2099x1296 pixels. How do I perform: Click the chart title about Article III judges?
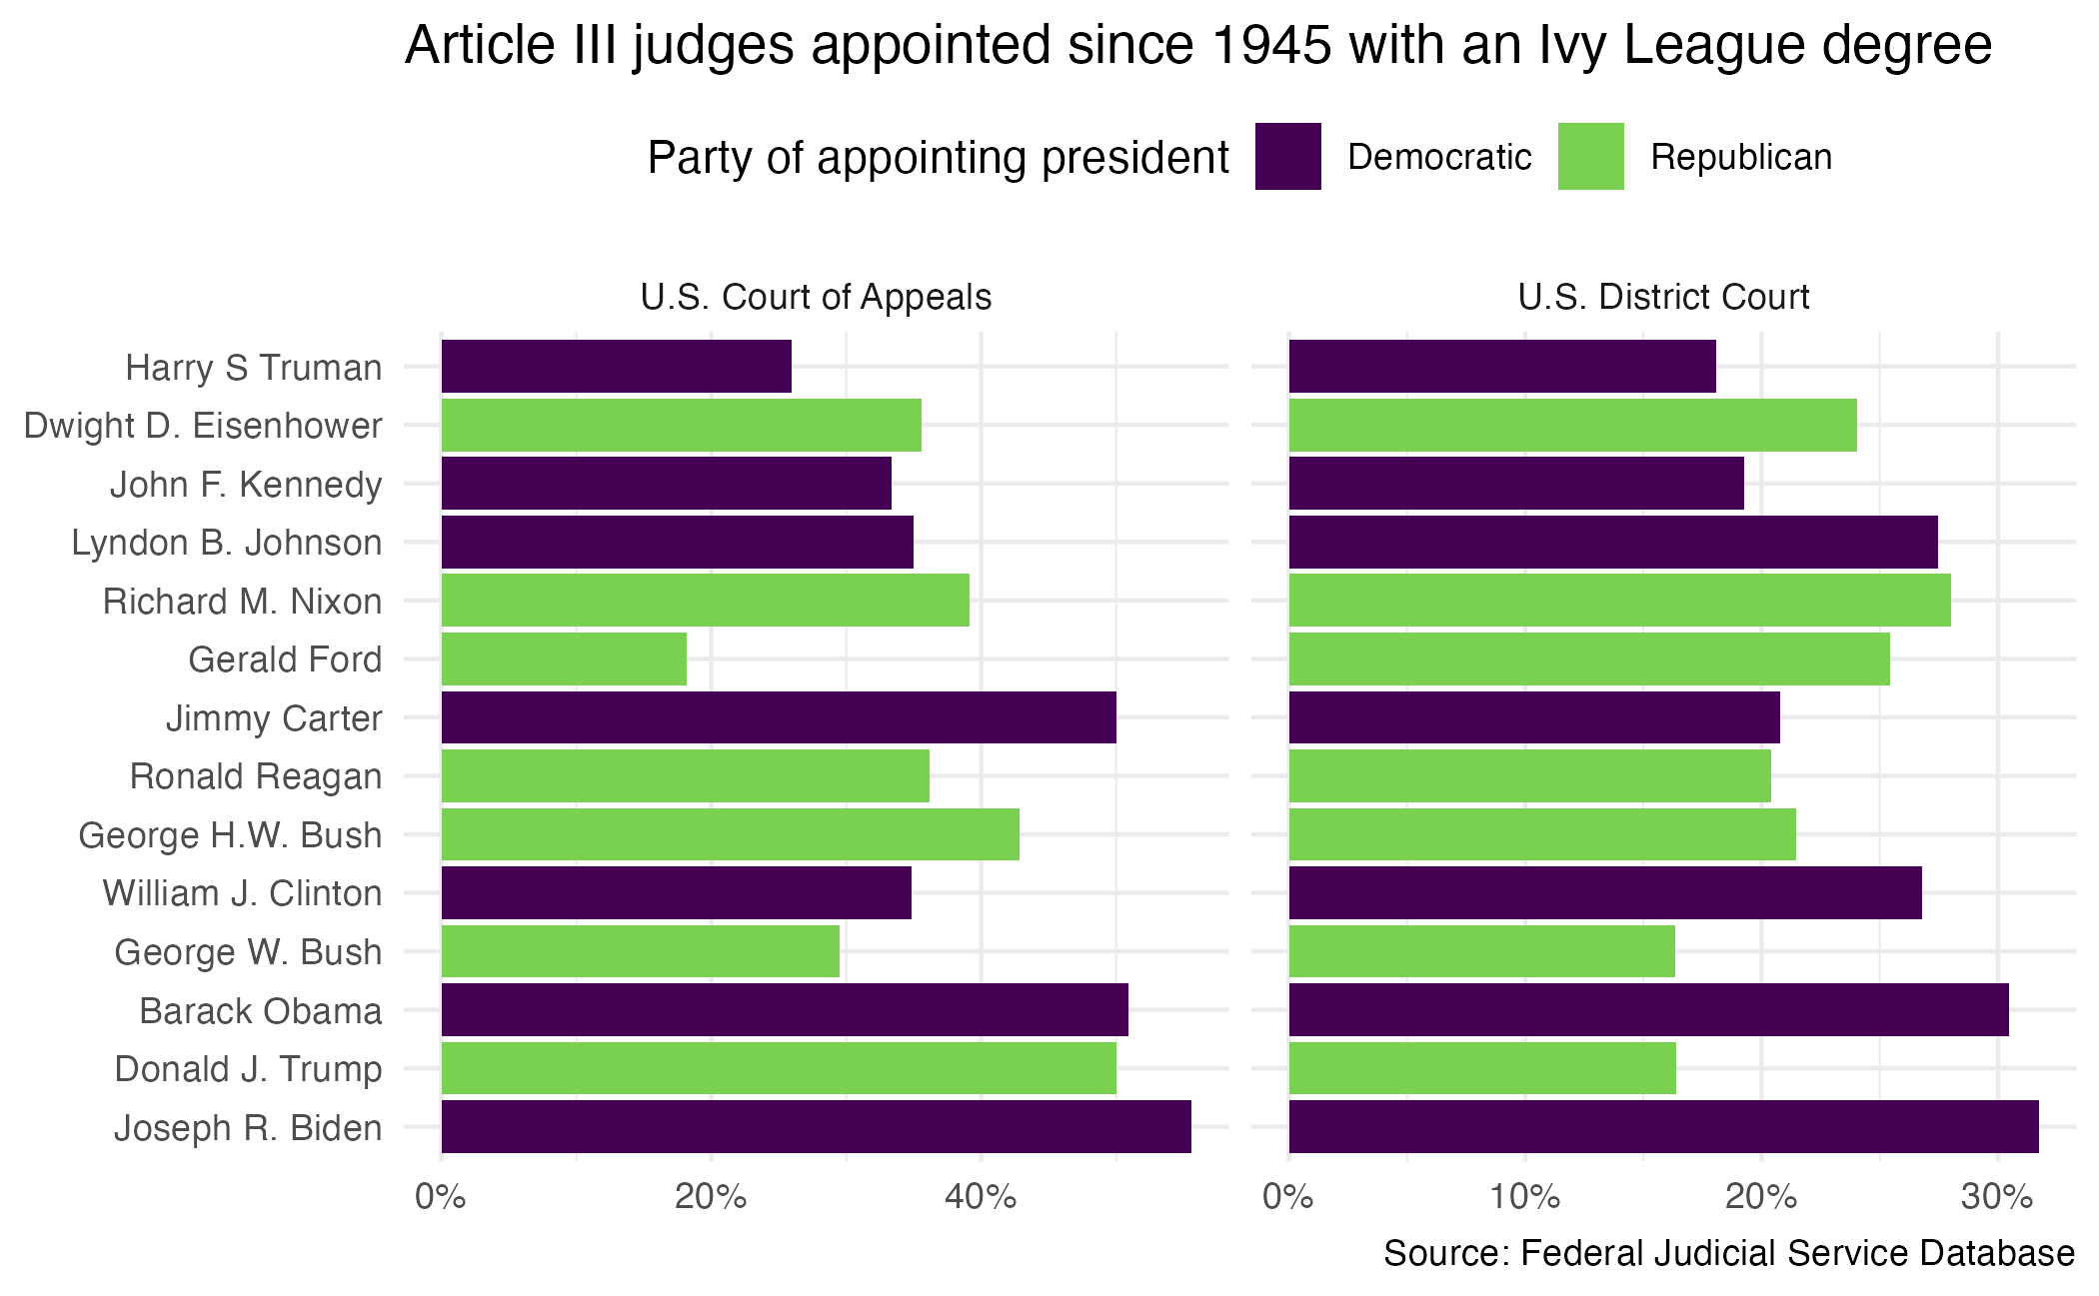[x=1197, y=46]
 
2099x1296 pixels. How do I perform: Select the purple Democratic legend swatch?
[x=1287, y=157]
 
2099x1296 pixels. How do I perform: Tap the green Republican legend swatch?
[x=1590, y=157]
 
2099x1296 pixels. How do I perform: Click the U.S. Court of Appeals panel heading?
[x=816, y=297]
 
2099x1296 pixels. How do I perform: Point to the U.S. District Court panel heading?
[x=1663, y=297]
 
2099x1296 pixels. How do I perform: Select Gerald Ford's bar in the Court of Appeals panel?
[x=564, y=659]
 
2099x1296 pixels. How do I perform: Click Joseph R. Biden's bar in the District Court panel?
[x=1663, y=1127]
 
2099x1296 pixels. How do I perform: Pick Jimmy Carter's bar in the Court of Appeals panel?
[x=779, y=717]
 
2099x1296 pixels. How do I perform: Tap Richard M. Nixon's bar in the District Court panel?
[x=1619, y=601]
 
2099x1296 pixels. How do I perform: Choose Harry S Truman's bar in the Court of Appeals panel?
[x=616, y=367]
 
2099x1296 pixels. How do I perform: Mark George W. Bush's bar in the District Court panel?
[x=1481, y=951]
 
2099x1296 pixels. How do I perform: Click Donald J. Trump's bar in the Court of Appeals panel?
[x=779, y=1068]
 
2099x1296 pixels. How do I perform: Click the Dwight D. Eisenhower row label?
[x=203, y=426]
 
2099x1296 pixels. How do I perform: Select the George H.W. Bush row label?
[x=230, y=835]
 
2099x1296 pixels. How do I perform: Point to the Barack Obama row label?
[x=261, y=1011]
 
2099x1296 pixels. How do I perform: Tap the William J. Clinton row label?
[x=242, y=893]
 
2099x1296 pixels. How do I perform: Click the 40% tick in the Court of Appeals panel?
[x=981, y=1196]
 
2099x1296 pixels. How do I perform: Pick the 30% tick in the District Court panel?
[x=1997, y=1196]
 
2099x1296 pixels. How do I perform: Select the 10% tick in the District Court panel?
[x=1524, y=1196]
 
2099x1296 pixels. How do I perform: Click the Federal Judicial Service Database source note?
[x=1728, y=1254]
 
